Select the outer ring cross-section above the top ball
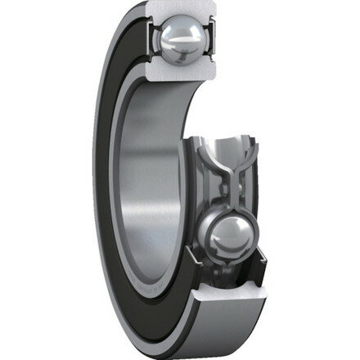point(184,11)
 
